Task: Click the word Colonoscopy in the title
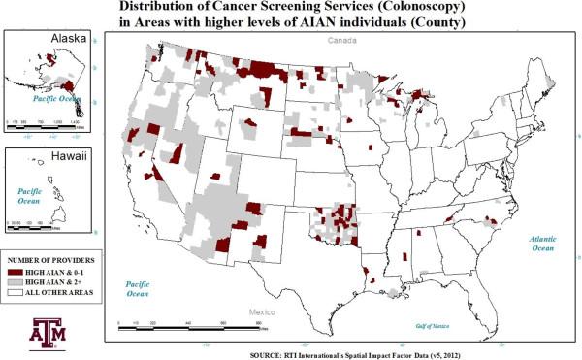click(394, 8)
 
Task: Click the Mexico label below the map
click(261, 312)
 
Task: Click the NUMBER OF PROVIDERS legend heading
click(54, 262)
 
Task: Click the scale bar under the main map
click(179, 327)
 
